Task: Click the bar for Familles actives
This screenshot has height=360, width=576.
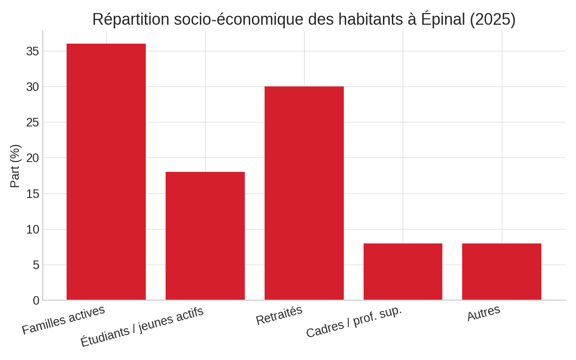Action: click(x=106, y=172)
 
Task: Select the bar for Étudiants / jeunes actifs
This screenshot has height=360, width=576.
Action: click(x=205, y=236)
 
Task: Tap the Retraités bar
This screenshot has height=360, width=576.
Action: click(x=304, y=193)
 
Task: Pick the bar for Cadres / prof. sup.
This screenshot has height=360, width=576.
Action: click(x=403, y=272)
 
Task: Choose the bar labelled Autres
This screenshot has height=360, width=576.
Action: click(x=502, y=272)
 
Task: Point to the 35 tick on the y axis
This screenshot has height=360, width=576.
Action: click(x=32, y=51)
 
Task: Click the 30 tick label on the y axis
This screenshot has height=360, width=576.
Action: click(x=32, y=87)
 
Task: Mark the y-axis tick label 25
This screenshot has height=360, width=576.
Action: click(x=32, y=122)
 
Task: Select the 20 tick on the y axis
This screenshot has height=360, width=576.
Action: click(x=32, y=158)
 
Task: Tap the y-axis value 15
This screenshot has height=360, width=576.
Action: click(x=32, y=194)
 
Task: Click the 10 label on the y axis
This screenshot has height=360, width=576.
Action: click(x=32, y=229)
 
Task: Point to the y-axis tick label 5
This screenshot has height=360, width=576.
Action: click(x=36, y=265)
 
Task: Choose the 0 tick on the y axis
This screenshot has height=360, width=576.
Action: click(x=36, y=301)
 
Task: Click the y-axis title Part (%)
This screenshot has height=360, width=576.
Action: click(x=15, y=166)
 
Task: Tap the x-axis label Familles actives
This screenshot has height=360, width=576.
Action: click(x=63, y=319)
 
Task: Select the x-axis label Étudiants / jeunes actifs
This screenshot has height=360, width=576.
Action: click(x=142, y=326)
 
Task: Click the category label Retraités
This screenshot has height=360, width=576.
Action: click(x=279, y=315)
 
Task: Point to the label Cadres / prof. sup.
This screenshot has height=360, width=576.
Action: click(x=354, y=322)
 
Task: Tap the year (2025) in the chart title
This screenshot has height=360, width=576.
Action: click(x=492, y=19)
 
